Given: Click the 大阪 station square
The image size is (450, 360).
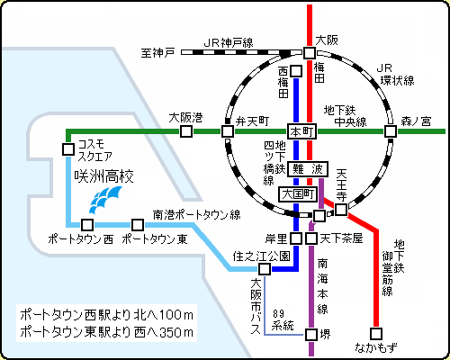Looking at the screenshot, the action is coord(310,53).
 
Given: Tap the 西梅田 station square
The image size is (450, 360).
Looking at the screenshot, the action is coord(296,71).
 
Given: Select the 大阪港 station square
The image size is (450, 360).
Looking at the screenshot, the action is coord(186,131).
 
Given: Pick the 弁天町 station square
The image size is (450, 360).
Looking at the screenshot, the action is coord(228,131).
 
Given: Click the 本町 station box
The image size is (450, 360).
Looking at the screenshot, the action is coord(302,131).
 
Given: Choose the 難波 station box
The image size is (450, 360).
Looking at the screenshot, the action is coord(308,169).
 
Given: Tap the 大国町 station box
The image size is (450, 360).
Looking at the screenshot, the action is coord(298,194).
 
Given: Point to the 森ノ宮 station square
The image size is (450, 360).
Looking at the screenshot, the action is coord(391,131).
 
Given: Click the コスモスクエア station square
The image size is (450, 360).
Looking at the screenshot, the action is coord(68,149).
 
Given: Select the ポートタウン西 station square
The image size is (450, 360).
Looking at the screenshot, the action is coord(87,224).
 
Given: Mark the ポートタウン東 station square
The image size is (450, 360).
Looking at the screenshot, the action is coord(138,224).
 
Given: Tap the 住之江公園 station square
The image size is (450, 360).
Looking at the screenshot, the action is coord(265,269).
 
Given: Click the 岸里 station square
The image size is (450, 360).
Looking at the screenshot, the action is coord(296,238).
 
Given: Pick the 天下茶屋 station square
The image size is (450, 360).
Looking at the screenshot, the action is coord(311,238).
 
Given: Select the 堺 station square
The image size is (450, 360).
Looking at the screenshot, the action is coord(311,334).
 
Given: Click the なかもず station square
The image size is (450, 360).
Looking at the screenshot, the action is coord(376,334).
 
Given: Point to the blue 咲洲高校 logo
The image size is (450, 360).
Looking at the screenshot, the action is coord(106,200).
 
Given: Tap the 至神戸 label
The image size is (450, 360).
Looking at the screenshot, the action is coord(157,53).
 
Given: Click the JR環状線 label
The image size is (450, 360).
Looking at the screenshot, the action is coord(395,75).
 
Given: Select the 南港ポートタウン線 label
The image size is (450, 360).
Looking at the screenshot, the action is coord(197,215).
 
